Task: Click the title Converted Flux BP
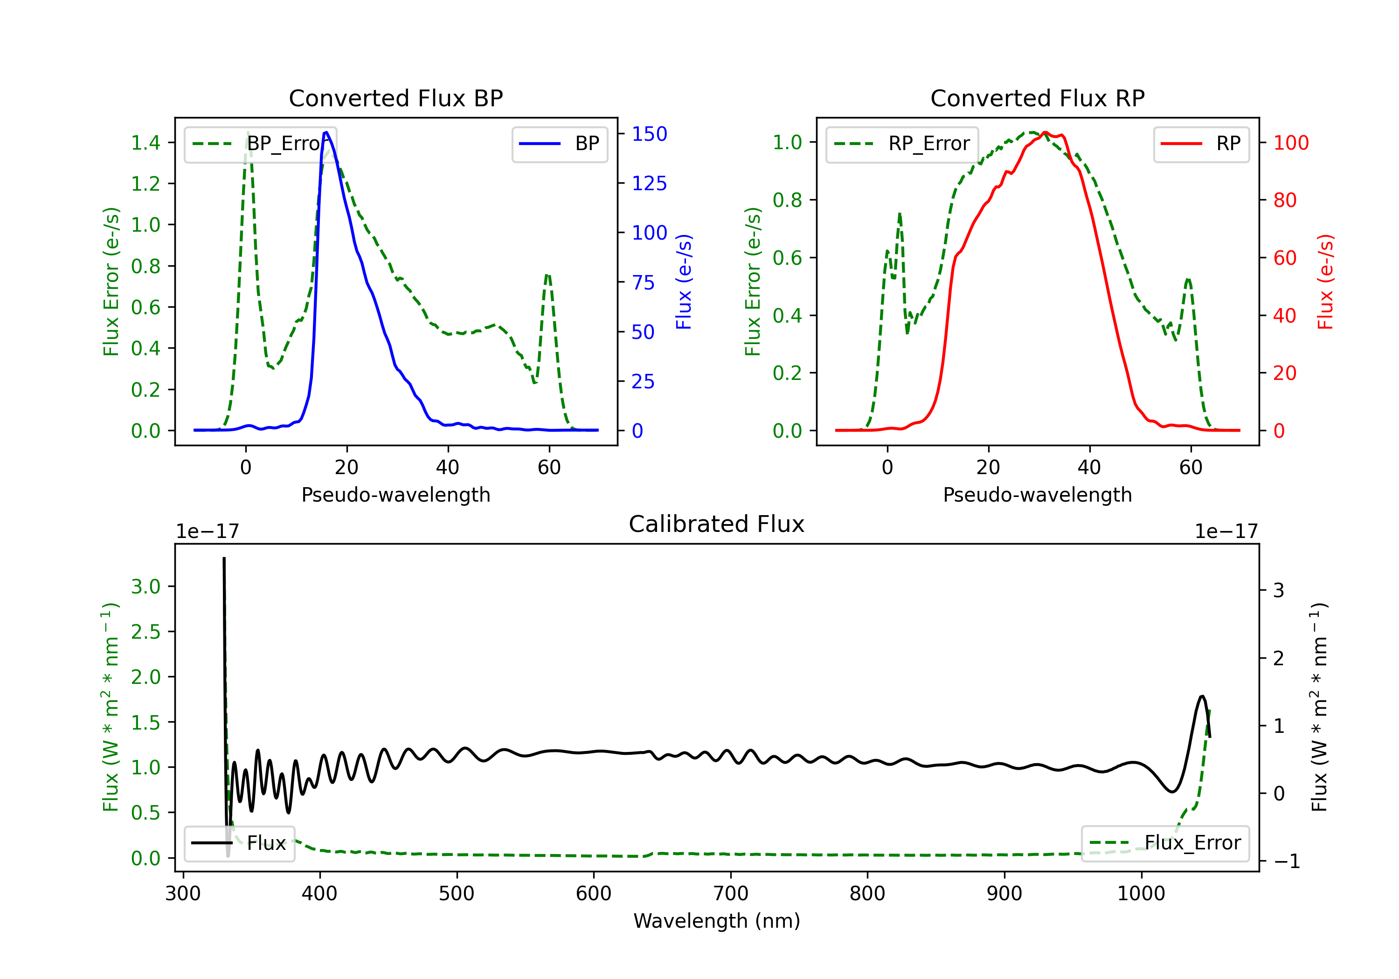[x=395, y=98]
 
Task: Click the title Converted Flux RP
[x=1037, y=98]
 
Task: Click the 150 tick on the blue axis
[x=649, y=134]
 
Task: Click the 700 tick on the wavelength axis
[x=731, y=894]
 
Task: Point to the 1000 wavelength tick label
[x=1141, y=894]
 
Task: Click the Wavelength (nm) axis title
[x=717, y=921]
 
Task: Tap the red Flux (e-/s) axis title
[x=1325, y=282]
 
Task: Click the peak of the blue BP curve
[x=326, y=132]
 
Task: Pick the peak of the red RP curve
[x=1045, y=132]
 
